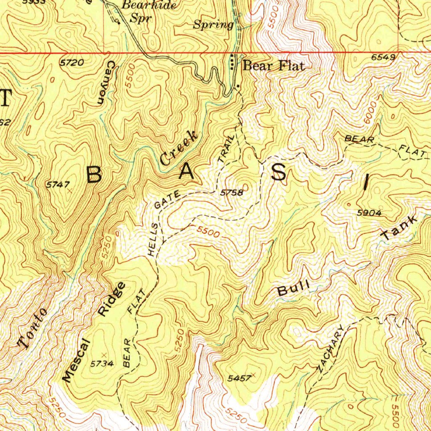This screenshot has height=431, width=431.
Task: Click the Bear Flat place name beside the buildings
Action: [x=274, y=66]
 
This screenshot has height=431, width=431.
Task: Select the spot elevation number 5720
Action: [x=72, y=63]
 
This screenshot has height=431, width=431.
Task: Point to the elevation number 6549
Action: [x=383, y=58]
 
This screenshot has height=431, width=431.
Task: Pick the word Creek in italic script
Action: [x=178, y=148]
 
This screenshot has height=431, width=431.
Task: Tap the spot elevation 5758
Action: [x=232, y=193]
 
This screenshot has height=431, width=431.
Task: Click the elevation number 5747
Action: [x=58, y=184]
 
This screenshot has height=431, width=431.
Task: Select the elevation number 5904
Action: [x=369, y=213]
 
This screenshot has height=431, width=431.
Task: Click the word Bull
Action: [x=293, y=289]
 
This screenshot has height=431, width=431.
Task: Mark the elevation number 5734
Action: [x=102, y=364]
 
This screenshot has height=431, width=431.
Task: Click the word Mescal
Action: [x=76, y=359]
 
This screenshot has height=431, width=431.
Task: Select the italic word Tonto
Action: [x=32, y=328]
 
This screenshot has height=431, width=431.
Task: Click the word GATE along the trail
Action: [x=168, y=200]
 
